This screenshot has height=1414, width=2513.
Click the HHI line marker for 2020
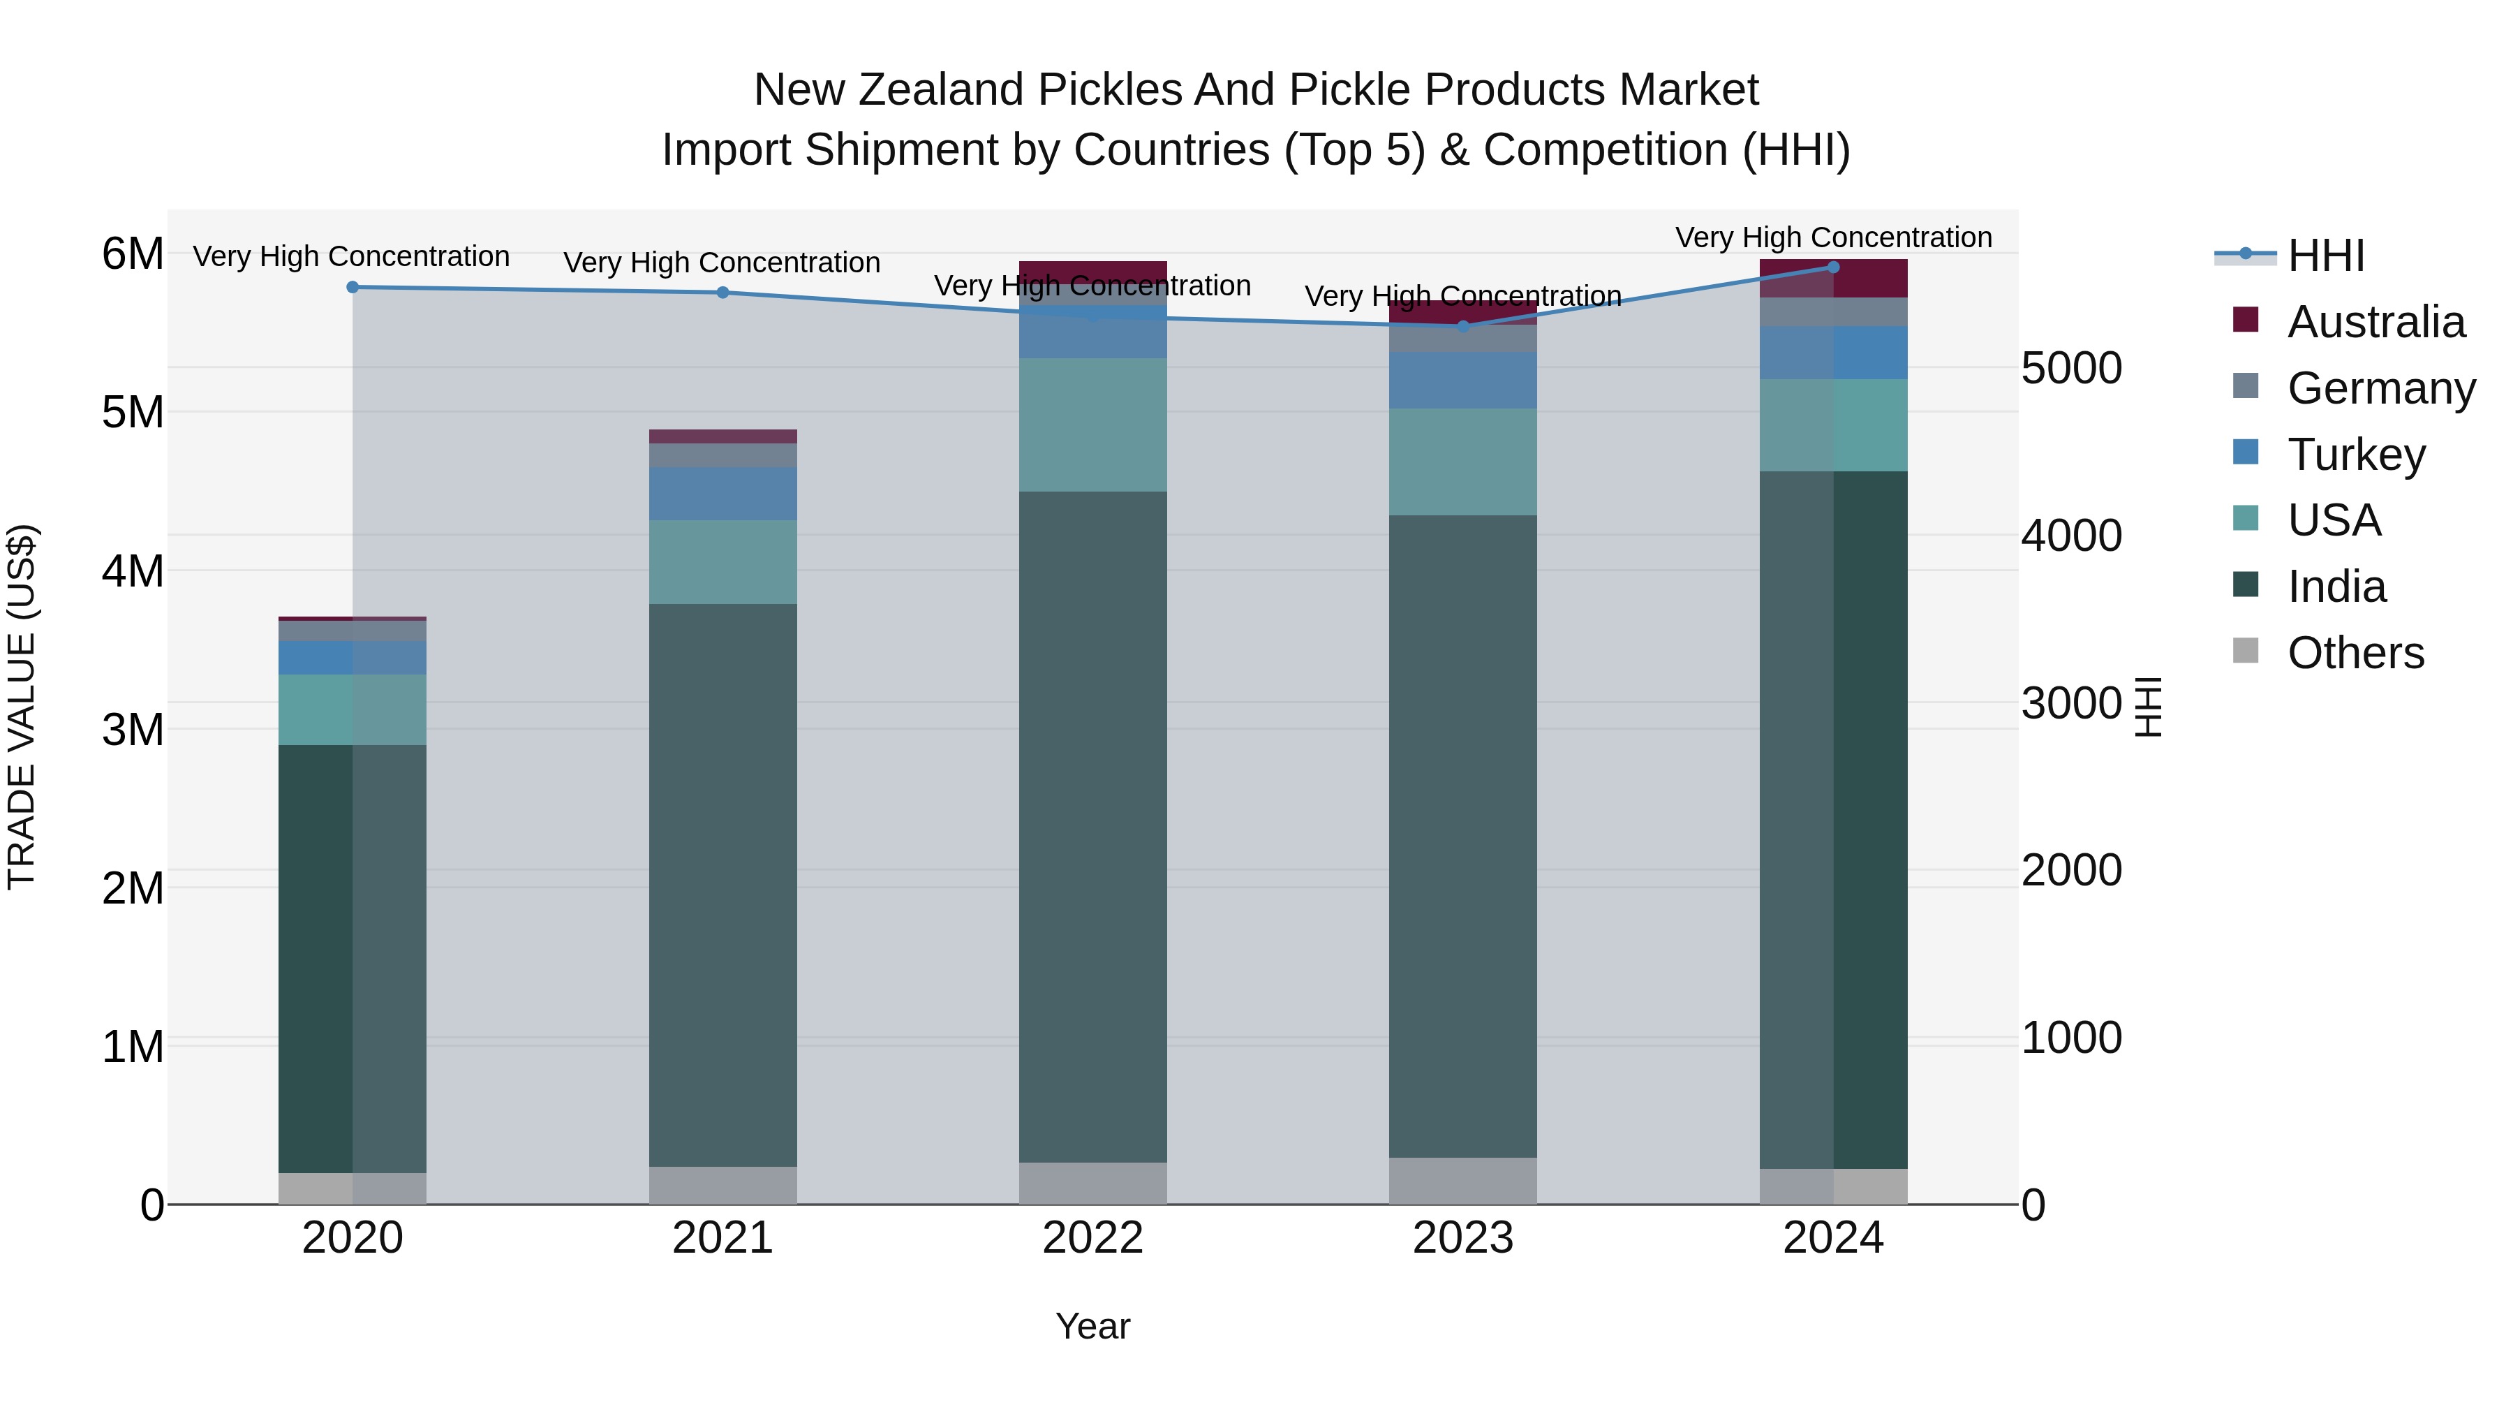(x=353, y=287)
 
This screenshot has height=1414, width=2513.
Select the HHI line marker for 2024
(x=1833, y=267)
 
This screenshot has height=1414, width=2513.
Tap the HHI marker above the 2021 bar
(x=723, y=292)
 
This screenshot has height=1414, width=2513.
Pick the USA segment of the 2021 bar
(x=723, y=562)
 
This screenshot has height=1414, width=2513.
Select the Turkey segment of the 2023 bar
(x=1462, y=381)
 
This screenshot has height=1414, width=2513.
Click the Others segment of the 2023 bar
(x=1462, y=1181)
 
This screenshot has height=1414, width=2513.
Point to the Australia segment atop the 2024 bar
(x=1833, y=278)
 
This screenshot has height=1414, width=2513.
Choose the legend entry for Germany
(x=2380, y=388)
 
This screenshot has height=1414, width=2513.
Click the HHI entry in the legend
(x=2326, y=256)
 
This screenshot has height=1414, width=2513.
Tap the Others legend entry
(x=2355, y=653)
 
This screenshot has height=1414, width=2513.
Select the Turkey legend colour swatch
(x=2245, y=452)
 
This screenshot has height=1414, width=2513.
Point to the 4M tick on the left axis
(x=133, y=571)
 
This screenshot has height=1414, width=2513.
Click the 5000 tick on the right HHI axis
(x=2071, y=369)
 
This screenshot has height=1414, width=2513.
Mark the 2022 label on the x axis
(x=1092, y=1238)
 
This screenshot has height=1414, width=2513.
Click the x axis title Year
(x=1092, y=1326)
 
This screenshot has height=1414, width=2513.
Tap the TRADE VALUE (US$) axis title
(x=22, y=707)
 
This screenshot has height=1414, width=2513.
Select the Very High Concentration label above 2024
(x=1833, y=237)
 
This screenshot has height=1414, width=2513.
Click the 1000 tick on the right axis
(x=2071, y=1038)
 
